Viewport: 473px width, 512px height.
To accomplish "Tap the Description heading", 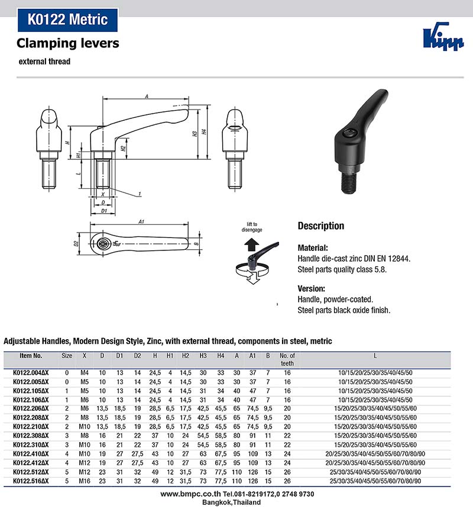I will pyautogui.click(x=320, y=226).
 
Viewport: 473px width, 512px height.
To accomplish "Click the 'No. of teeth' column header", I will pyautogui.click(x=286, y=359).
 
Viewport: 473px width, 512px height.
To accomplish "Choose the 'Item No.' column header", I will pyautogui.click(x=30, y=356).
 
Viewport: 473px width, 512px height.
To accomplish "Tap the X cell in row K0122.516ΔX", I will pyautogui.click(x=85, y=481).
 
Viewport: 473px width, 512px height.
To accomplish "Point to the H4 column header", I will pyautogui.click(x=220, y=356).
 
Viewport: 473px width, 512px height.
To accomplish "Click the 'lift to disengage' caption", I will pyautogui.click(x=251, y=227).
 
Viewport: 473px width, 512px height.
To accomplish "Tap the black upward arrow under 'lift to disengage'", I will pyautogui.click(x=251, y=242).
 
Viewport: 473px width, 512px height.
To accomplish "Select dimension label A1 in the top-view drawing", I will pyautogui.click(x=141, y=221).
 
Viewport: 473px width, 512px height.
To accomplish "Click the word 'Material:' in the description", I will pyautogui.click(x=313, y=248).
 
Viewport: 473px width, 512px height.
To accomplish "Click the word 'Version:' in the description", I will pyautogui.click(x=312, y=288).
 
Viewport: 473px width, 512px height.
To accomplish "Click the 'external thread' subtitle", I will pyautogui.click(x=44, y=62).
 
